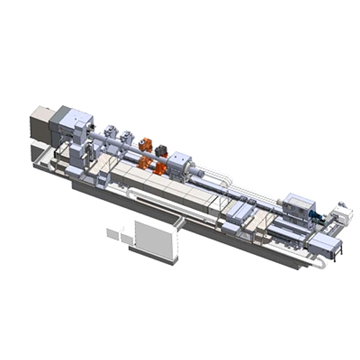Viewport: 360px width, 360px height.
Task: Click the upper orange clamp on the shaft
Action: pos(146,144)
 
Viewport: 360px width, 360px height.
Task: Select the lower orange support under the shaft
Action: pos(157,167)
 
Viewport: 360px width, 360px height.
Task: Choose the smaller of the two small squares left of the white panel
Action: pos(112,233)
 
